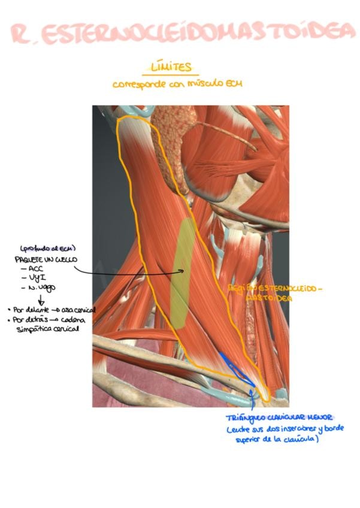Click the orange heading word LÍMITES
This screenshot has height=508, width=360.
tap(174, 67)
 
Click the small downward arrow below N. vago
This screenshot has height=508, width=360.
tap(41, 300)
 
